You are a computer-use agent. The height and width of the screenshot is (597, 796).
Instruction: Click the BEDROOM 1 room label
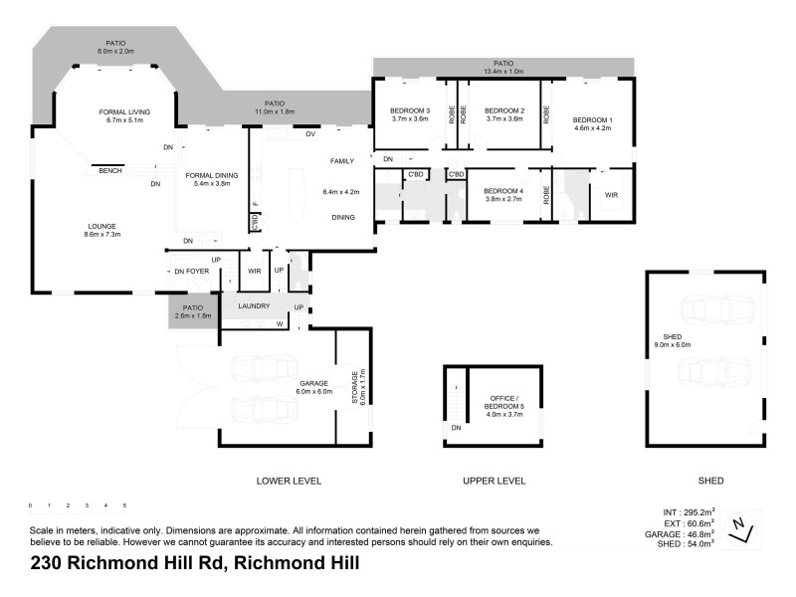tap(592, 120)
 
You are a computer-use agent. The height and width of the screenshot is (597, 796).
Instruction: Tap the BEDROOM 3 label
tap(409, 110)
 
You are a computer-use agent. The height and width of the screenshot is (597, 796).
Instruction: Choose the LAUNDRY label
tap(253, 306)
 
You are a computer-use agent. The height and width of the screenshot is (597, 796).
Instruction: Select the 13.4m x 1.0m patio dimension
tap(502, 72)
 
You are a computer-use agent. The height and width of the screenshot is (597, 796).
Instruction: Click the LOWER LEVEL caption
tap(289, 481)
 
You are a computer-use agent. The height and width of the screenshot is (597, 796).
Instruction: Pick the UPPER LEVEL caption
tap(494, 481)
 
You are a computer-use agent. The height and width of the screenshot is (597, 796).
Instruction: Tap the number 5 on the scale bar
tap(124, 505)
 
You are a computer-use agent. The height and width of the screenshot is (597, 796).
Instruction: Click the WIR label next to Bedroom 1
tap(611, 195)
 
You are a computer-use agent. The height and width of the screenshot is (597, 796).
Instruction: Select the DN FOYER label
tap(191, 272)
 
